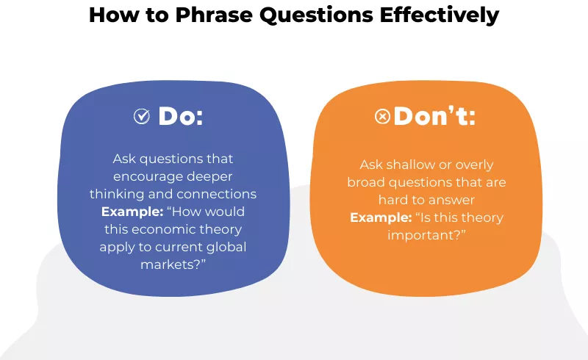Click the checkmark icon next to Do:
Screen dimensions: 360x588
141,116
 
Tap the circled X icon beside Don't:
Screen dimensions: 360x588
382,116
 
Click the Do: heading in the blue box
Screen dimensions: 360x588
181,116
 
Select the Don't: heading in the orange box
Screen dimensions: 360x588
434,116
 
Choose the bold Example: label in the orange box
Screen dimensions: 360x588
379,217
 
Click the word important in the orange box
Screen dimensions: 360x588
423,235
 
